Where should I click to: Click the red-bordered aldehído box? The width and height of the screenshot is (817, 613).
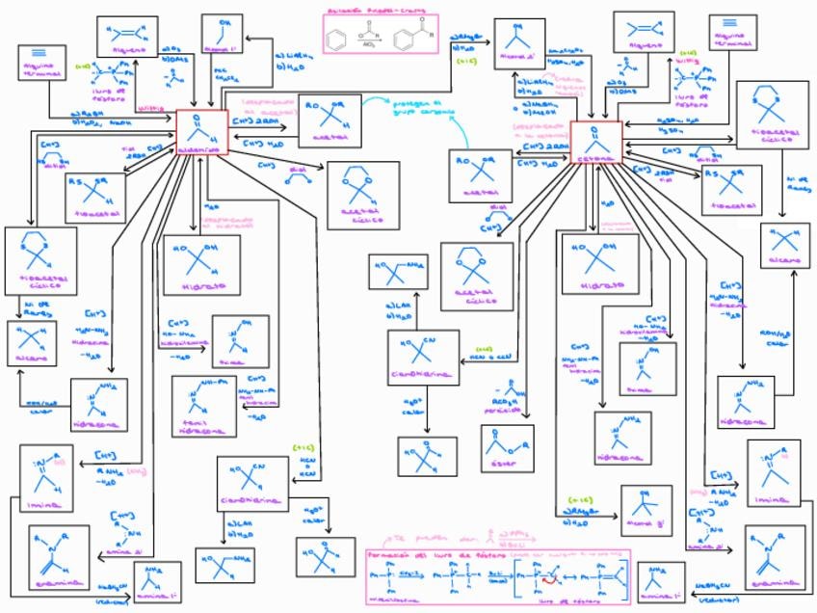point(201,133)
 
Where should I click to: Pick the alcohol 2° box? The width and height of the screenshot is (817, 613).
point(519,43)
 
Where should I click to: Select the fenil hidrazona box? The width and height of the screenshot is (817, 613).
point(203,406)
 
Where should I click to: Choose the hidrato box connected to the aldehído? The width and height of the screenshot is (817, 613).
point(200,263)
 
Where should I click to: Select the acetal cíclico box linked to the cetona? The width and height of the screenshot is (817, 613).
point(477,275)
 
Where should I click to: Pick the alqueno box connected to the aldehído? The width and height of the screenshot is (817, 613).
point(127,37)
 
